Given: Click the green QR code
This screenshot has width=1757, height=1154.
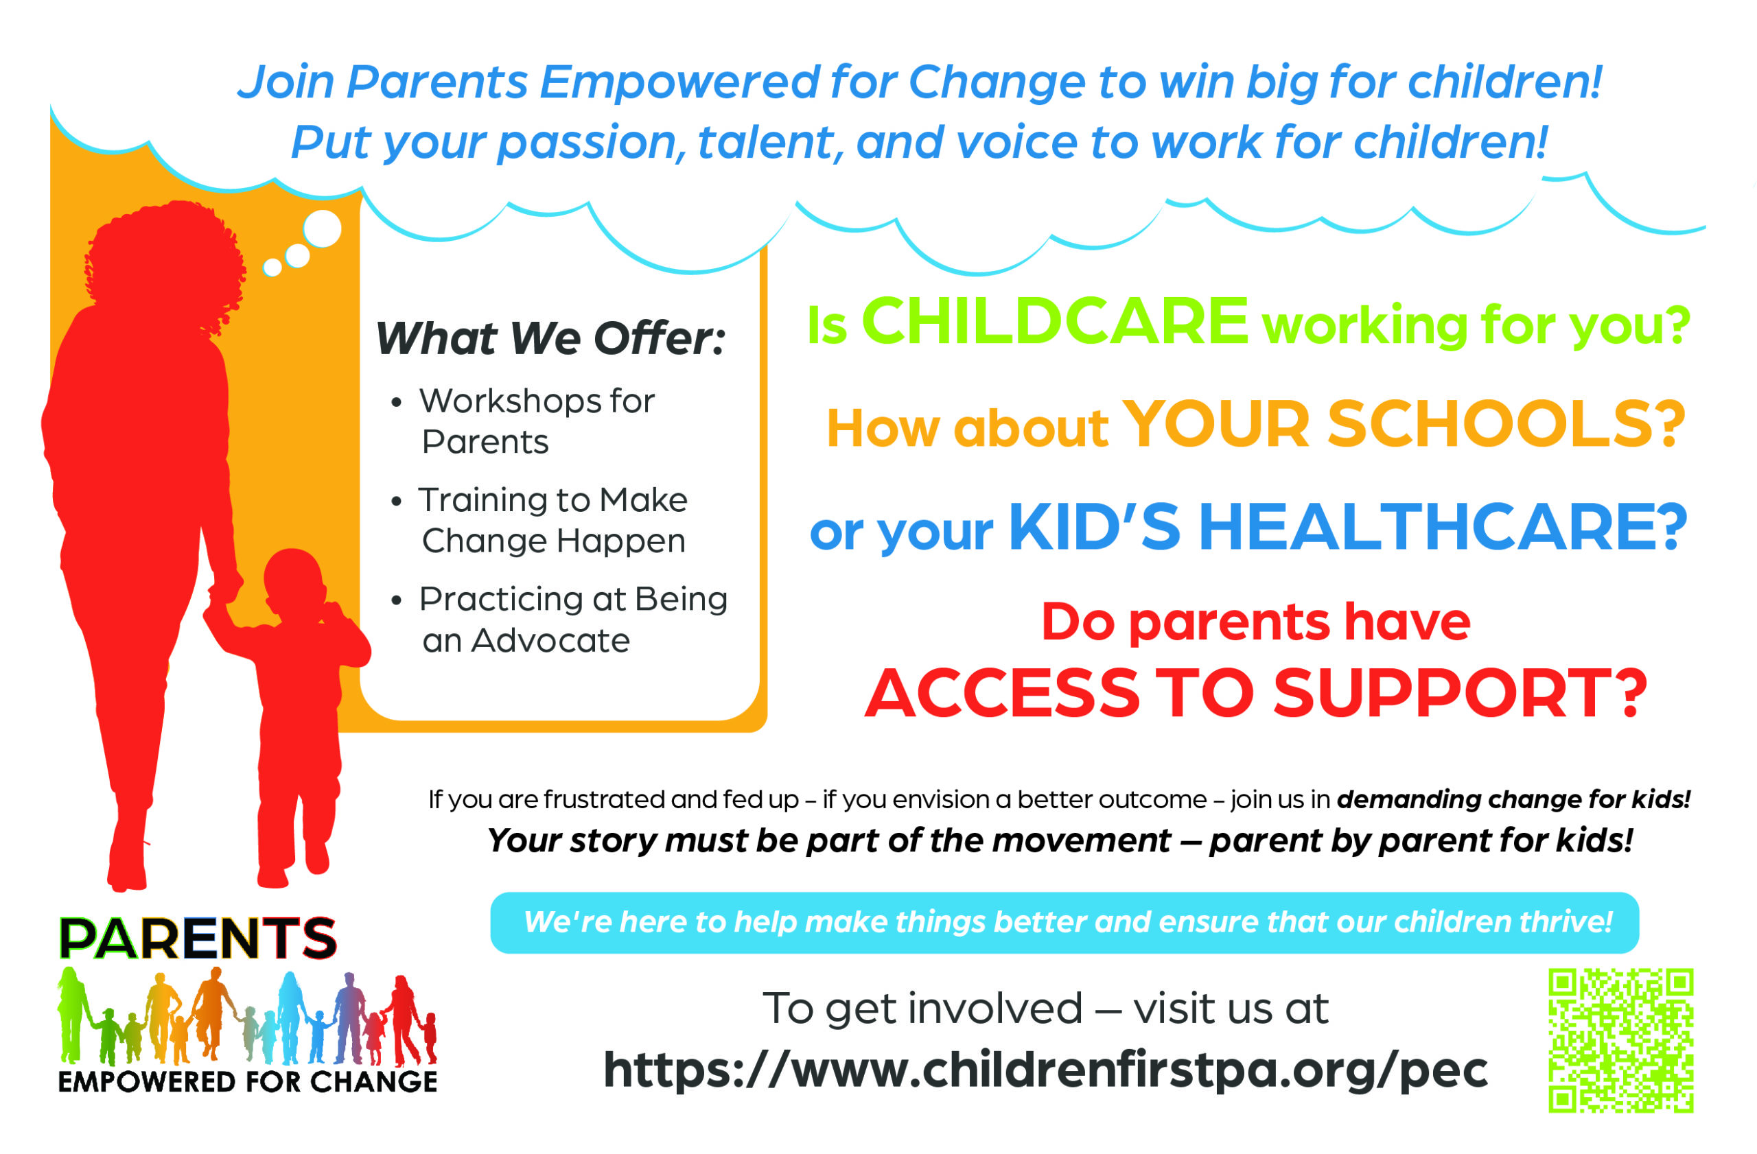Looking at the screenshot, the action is [x=1620, y=1040].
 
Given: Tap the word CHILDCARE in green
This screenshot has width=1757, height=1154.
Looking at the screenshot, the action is [x=1055, y=321].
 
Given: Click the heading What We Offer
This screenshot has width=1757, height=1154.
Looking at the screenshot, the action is [x=550, y=338].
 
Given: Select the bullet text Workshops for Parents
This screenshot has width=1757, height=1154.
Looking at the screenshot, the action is [x=537, y=421].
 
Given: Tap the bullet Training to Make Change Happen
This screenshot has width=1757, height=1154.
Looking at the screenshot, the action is [x=553, y=520].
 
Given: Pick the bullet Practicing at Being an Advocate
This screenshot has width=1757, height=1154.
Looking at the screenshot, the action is [x=574, y=620].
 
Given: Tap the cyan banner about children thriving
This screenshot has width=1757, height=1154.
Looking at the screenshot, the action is [x=1064, y=922].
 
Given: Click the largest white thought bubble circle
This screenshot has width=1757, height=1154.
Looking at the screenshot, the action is [x=322, y=228].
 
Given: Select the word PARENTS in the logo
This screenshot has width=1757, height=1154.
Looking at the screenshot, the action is [x=197, y=939].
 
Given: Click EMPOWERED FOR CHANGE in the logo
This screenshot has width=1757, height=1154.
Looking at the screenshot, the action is [x=248, y=1082].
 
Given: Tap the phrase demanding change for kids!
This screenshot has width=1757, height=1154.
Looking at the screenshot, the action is [x=1514, y=799].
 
